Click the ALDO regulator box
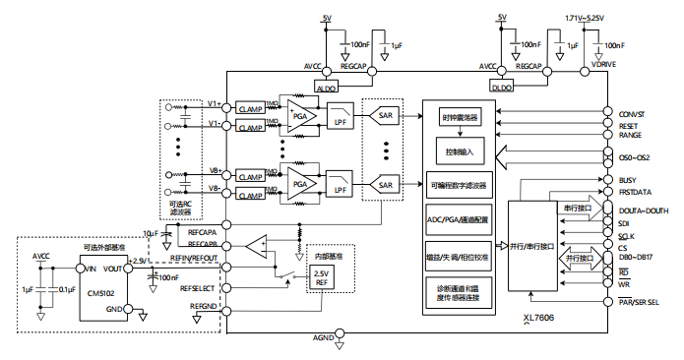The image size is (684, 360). [325, 87]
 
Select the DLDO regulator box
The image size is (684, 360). [503, 87]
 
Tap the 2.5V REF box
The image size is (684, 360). [322, 277]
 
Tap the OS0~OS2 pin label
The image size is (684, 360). [636, 156]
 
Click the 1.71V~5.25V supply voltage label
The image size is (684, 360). [585, 18]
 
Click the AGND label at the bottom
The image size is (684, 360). [324, 338]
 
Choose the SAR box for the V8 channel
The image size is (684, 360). [385, 183]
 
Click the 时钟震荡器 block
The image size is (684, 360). [459, 118]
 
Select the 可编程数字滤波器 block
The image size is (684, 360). [459, 184]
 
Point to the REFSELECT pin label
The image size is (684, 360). [199, 289]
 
